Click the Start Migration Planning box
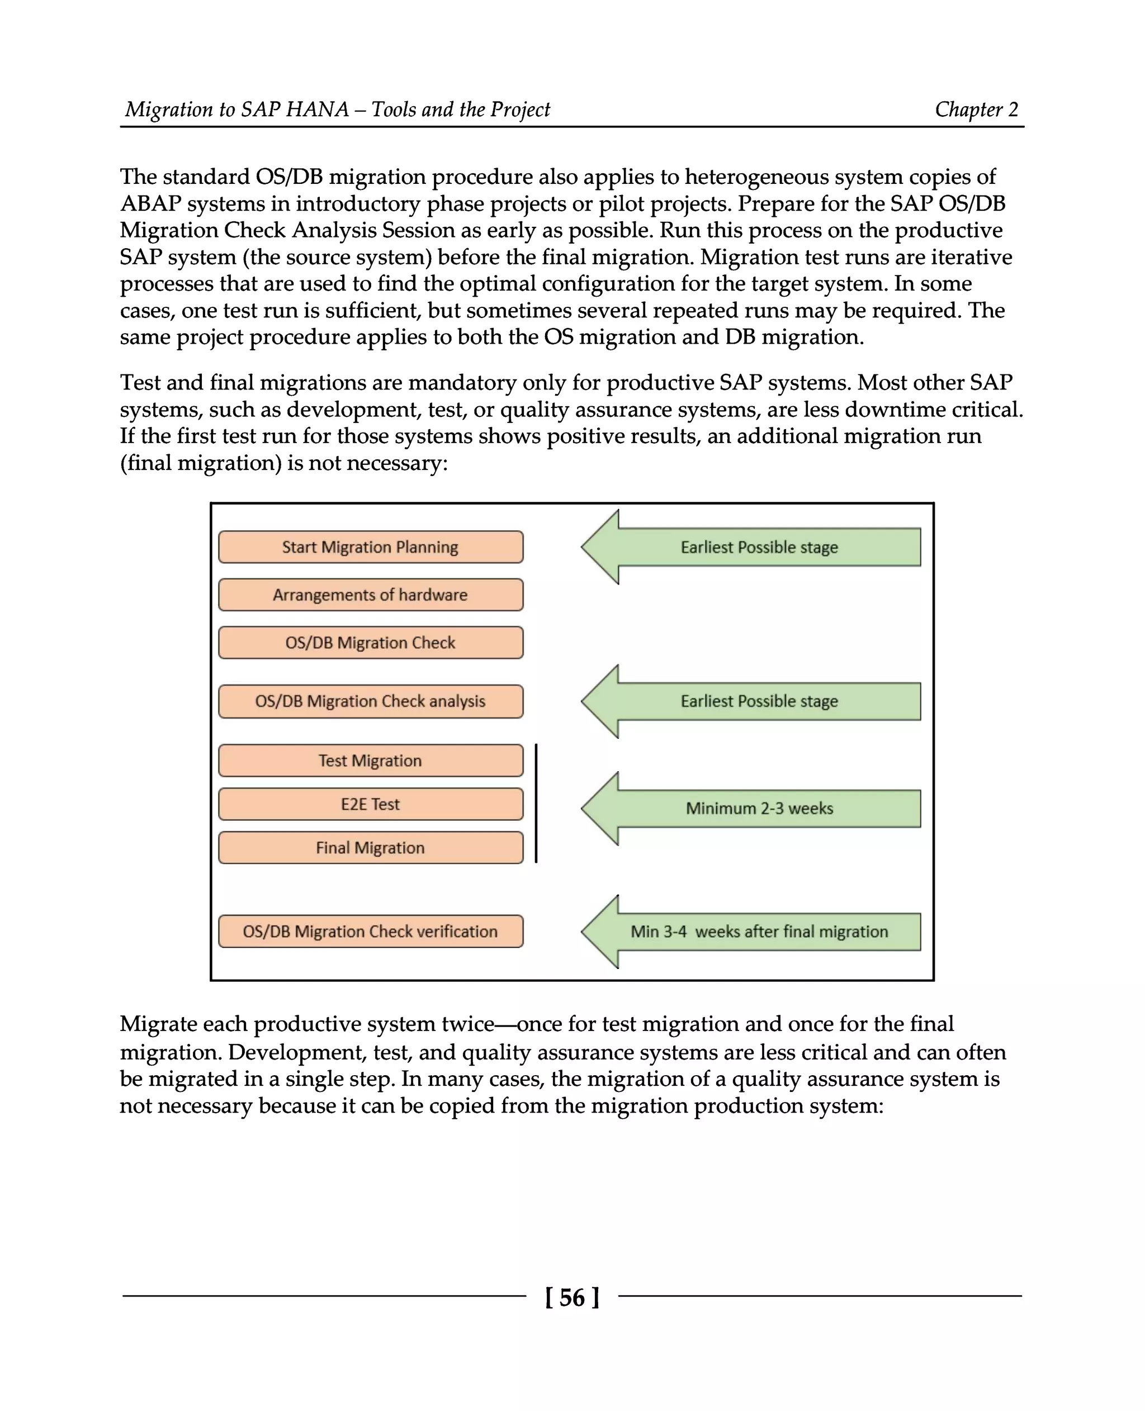[370, 547]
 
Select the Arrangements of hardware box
[370, 595]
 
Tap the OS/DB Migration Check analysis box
[370, 701]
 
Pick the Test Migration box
[370, 761]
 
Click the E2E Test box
[370, 804]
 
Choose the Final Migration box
[370, 848]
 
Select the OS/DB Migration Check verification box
[370, 932]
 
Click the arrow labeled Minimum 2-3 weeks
[759, 809]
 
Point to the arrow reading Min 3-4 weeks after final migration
[759, 932]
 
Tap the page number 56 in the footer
[572, 1298]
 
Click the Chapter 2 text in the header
[976, 110]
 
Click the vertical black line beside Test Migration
[536, 803]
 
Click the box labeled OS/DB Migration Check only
[370, 643]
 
